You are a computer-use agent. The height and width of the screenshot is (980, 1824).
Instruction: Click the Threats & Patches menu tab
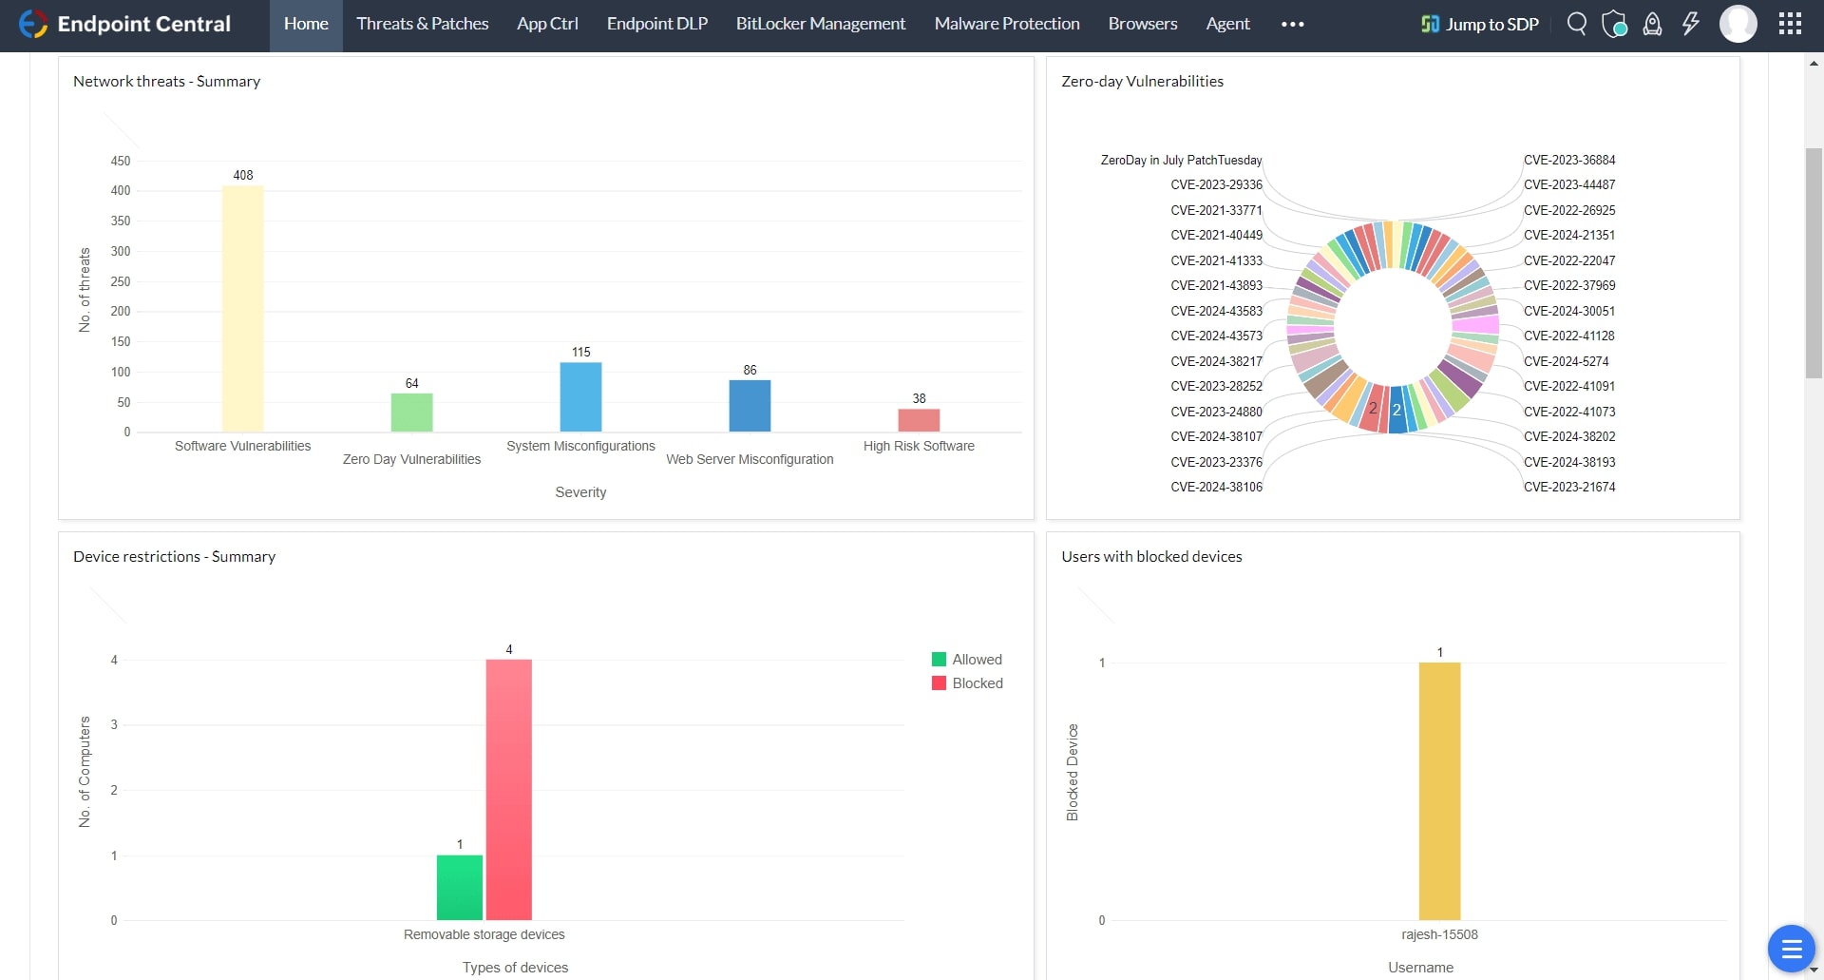pos(422,24)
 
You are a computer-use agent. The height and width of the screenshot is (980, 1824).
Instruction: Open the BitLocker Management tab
pos(820,24)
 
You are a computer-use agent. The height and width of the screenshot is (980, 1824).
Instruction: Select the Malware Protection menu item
pos(1006,24)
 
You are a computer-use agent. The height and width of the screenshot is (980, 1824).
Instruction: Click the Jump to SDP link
pos(1479,24)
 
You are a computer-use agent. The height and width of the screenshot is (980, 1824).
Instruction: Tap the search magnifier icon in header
pos(1576,24)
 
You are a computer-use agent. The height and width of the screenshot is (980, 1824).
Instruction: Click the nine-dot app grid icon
pos(1790,24)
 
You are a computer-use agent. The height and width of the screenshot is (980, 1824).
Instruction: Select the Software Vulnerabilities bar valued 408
pos(242,309)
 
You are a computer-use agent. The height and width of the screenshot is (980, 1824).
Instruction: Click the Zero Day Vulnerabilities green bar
pos(411,413)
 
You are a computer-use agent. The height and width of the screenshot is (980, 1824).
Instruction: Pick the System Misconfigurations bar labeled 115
pos(580,397)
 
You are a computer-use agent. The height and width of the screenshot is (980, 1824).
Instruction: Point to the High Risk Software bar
pos(919,420)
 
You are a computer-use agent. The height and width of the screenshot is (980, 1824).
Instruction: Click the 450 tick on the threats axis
pos(121,161)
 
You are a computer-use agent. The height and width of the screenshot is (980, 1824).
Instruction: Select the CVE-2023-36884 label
pos(1568,160)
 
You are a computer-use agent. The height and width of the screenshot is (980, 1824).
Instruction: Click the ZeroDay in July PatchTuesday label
pos(1181,160)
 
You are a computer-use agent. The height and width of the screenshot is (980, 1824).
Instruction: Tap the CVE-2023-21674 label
pos(1568,487)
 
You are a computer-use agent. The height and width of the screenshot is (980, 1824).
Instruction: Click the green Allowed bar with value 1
pos(459,888)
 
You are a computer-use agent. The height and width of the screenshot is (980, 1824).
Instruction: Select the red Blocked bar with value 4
pos(508,789)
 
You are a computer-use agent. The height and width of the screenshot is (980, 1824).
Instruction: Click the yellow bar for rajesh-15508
pos(1439,791)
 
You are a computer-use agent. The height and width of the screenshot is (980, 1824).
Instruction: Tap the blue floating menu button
pos(1791,948)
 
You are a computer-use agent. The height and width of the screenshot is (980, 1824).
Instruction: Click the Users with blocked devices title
pos(1151,557)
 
